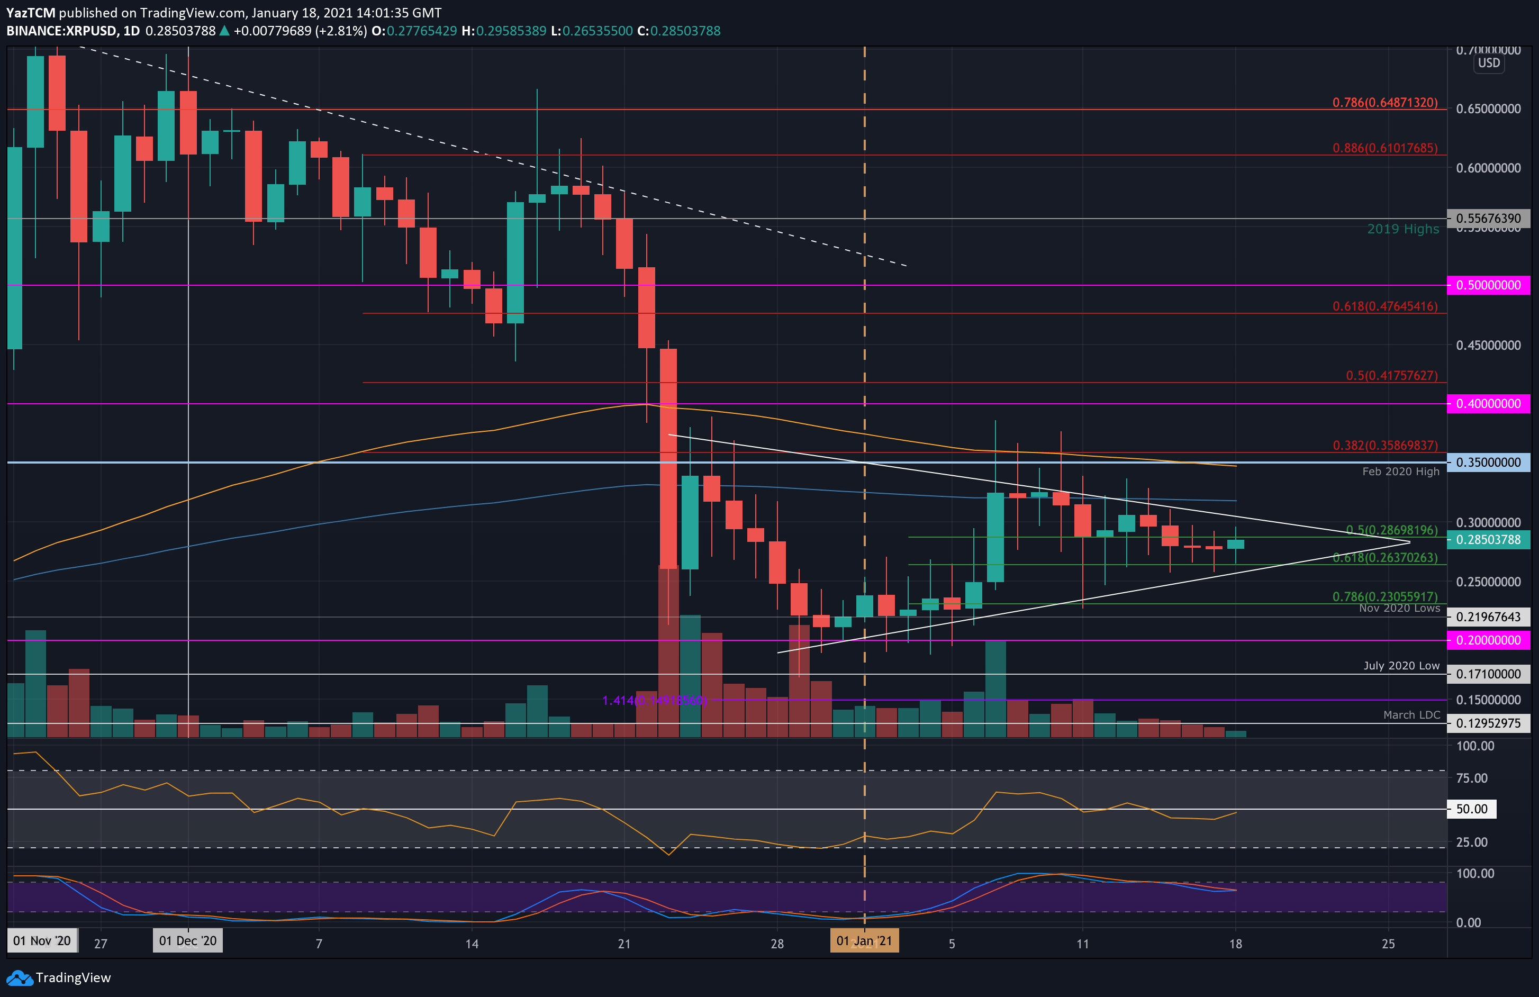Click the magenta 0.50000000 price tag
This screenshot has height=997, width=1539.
pos(1488,285)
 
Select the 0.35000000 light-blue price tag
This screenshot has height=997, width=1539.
pos(1488,463)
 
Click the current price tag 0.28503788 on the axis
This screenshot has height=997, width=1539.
pos(1488,540)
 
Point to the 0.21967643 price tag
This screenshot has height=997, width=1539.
pos(1488,617)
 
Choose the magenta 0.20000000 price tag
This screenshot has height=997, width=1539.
pos(1488,640)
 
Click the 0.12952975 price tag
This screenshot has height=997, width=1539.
pos(1488,723)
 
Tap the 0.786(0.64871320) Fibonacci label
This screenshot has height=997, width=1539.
pos(1384,103)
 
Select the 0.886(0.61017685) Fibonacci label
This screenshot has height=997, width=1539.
pos(1384,148)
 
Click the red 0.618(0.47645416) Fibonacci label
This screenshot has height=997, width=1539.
pos(1384,306)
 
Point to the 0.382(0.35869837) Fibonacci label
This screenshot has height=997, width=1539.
pos(1385,446)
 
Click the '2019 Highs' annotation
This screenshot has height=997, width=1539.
pos(1402,229)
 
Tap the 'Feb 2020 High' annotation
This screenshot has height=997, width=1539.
pos(1401,472)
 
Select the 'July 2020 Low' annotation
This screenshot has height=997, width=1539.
pos(1401,666)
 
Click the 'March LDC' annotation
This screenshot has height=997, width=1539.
pos(1411,715)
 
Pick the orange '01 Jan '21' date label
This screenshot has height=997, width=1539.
pos(864,941)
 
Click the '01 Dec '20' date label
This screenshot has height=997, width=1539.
pos(187,941)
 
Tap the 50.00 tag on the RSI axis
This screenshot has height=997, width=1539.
pos(1471,809)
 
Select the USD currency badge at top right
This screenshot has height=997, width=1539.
pos(1489,64)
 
